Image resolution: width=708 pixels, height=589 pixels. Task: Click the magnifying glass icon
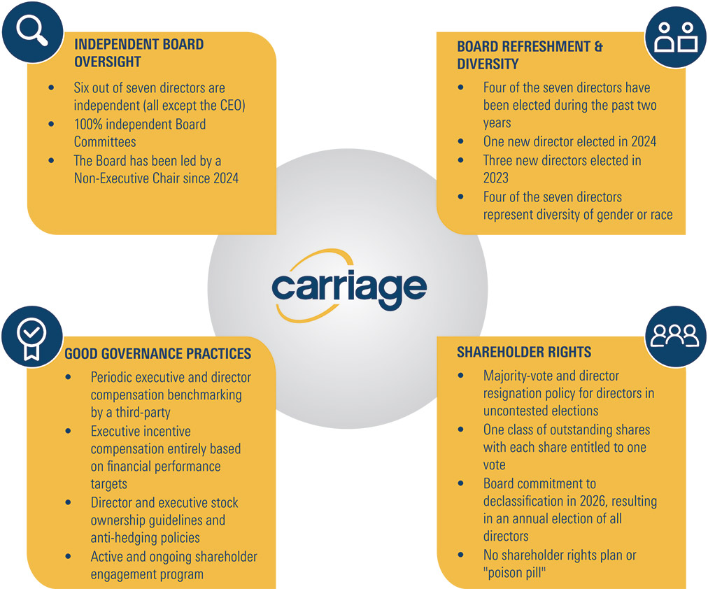(31, 30)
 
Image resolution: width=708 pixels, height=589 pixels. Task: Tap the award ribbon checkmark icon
(31, 339)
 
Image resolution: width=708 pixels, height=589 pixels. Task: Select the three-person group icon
(674, 336)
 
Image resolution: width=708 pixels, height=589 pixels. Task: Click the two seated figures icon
(676, 38)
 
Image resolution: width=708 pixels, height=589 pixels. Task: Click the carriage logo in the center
(349, 286)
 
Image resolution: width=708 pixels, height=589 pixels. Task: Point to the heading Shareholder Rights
(524, 352)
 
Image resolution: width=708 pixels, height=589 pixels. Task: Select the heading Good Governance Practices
(157, 353)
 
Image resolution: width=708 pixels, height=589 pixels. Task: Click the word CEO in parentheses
(232, 105)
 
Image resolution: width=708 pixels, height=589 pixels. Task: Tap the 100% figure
(88, 124)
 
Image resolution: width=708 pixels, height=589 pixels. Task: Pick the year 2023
(496, 178)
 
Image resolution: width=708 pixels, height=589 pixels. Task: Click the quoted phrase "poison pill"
(515, 573)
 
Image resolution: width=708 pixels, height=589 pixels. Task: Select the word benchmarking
(212, 395)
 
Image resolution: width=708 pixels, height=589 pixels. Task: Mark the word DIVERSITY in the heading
(488, 64)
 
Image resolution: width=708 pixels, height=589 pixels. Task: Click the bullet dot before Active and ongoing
(68, 557)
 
